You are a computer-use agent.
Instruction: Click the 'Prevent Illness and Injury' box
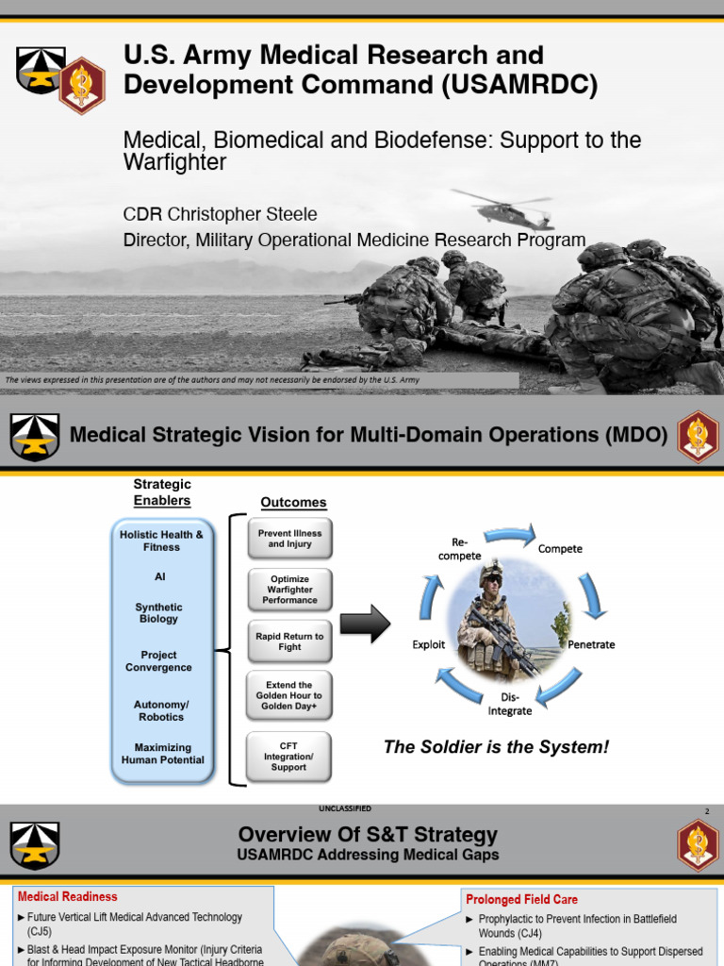tap(289, 539)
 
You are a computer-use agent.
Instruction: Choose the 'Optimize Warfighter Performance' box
tap(289, 589)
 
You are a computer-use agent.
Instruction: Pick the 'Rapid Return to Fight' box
tap(289, 641)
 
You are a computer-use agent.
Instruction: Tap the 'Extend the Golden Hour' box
tap(289, 696)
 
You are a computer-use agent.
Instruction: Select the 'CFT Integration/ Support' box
tap(289, 756)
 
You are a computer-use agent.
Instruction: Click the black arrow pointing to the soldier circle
tap(365, 625)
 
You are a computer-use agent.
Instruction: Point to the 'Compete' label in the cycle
tap(560, 549)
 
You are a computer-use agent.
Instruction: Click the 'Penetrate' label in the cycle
tap(591, 645)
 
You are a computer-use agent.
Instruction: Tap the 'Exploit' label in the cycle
tap(429, 645)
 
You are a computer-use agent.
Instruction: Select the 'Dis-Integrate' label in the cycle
tap(510, 704)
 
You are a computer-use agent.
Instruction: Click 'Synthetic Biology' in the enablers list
tap(158, 613)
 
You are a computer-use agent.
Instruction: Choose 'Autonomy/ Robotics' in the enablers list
tap(158, 710)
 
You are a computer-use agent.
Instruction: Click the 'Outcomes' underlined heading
tap(293, 503)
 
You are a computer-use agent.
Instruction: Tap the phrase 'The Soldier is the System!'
tap(496, 747)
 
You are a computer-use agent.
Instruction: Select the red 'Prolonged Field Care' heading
tap(521, 900)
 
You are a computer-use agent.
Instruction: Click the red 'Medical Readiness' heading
tap(68, 896)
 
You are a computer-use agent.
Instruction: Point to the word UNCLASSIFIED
tap(345, 808)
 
